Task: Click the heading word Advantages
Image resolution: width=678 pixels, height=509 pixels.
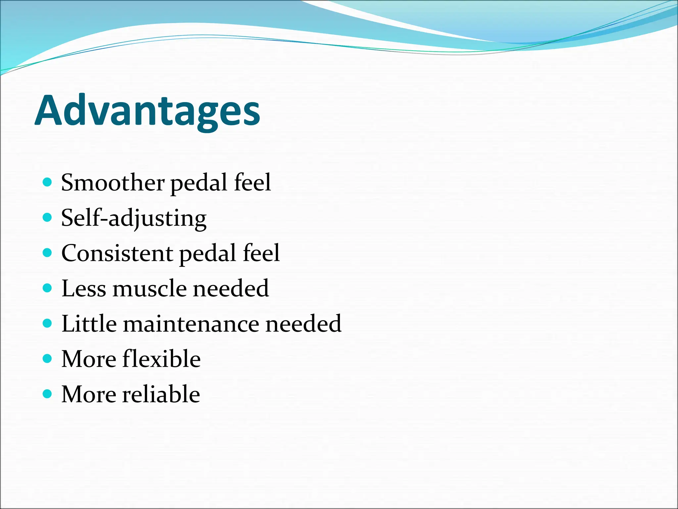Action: (x=147, y=111)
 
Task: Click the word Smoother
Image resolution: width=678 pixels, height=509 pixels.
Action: (x=113, y=183)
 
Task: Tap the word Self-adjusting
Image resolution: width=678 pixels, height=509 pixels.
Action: (x=134, y=218)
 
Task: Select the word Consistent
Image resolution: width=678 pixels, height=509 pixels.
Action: (x=117, y=253)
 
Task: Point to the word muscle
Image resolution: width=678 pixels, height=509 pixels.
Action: (x=150, y=288)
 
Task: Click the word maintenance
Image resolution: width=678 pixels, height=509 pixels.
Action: (x=191, y=324)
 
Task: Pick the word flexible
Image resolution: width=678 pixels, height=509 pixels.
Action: (x=161, y=359)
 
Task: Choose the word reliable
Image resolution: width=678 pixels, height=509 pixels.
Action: (x=161, y=394)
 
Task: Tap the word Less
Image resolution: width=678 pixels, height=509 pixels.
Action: (x=84, y=288)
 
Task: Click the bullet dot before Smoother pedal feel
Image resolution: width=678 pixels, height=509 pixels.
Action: (x=48, y=182)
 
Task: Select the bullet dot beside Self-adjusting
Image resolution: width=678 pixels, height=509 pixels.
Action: (x=48, y=217)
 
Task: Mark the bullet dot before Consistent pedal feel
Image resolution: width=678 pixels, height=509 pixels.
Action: (x=48, y=253)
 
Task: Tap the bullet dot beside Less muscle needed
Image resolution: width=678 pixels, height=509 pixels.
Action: (x=48, y=288)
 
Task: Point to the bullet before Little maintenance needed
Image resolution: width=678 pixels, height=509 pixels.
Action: (x=48, y=323)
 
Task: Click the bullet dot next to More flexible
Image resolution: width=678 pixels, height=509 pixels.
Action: (x=48, y=359)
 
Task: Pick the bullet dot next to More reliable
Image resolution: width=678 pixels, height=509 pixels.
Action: (x=48, y=394)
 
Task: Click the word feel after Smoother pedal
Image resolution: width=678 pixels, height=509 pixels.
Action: (x=252, y=183)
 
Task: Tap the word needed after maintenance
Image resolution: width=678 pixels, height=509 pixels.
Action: (x=303, y=324)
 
